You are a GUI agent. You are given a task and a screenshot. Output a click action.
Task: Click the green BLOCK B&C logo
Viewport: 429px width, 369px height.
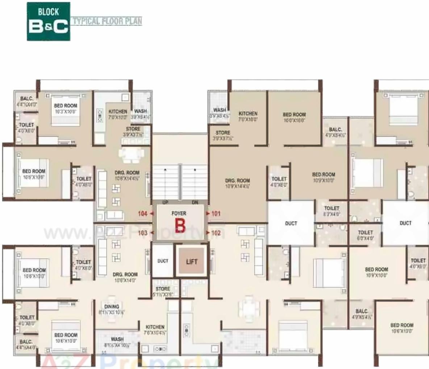pos(49,21)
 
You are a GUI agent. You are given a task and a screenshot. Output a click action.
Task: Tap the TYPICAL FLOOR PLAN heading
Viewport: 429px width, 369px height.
pos(107,21)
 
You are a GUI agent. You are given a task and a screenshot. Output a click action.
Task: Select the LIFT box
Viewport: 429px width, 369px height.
pos(192,262)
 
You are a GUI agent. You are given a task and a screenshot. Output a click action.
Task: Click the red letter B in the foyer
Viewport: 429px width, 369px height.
pos(180,225)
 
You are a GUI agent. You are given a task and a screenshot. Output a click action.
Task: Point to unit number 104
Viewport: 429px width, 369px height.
pos(143,214)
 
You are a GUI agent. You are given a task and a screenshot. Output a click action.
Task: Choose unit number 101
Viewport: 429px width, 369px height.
pos(216,214)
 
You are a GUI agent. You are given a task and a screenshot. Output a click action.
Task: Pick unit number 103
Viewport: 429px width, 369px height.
pos(143,233)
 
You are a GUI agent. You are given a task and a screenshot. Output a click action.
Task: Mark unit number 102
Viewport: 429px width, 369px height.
pos(216,233)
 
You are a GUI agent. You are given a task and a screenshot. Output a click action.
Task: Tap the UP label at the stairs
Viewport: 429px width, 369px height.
pos(165,202)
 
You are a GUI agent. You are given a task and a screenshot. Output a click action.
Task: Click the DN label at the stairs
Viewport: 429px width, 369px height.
pos(195,202)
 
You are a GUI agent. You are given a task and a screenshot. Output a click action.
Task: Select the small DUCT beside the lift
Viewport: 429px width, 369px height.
pos(163,261)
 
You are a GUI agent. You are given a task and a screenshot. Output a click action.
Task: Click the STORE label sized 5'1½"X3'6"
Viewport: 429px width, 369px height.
pos(163,291)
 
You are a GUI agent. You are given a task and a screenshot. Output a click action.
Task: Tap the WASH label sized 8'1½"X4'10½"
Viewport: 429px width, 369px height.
pos(117,342)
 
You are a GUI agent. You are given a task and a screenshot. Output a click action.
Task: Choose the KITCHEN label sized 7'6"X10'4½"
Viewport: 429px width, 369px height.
pos(155,329)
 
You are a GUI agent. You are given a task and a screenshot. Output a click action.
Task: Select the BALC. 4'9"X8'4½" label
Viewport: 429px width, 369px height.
pos(335,132)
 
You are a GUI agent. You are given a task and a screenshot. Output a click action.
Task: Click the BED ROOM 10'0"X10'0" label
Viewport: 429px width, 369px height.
pos(294,117)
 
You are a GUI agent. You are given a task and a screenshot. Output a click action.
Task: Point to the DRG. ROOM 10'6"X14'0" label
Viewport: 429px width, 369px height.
pos(125,277)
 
